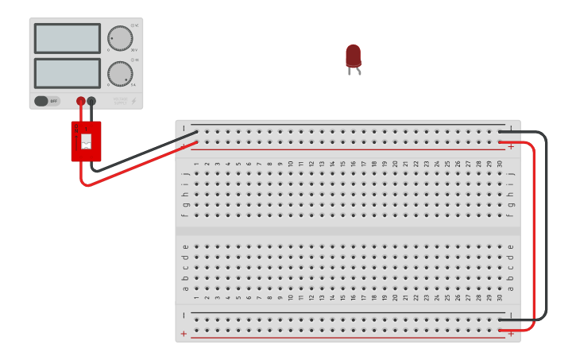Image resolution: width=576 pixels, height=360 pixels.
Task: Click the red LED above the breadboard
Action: tap(354, 56)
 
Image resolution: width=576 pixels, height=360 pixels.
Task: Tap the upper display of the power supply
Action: tap(68, 38)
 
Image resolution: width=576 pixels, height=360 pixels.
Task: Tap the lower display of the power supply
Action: tap(68, 73)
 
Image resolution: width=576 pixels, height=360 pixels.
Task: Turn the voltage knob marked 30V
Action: tap(120, 38)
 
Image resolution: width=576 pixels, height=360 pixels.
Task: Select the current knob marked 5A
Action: tap(120, 73)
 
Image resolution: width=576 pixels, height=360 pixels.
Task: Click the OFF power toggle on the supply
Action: tap(46, 101)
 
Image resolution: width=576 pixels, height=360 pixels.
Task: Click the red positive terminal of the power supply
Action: tap(81, 101)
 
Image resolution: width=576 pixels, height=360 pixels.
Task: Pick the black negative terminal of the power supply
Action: tap(91, 101)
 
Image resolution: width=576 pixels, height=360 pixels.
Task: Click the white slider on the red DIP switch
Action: tap(87, 141)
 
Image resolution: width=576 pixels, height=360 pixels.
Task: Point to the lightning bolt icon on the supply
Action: tap(133, 101)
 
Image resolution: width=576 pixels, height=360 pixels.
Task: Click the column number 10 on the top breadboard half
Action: tap(290, 164)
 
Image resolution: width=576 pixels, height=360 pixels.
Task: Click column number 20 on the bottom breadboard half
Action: tap(395, 298)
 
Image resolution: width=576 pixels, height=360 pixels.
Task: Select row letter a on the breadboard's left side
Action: tap(186, 288)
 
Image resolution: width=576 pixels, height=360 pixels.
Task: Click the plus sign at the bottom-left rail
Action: tap(184, 334)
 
